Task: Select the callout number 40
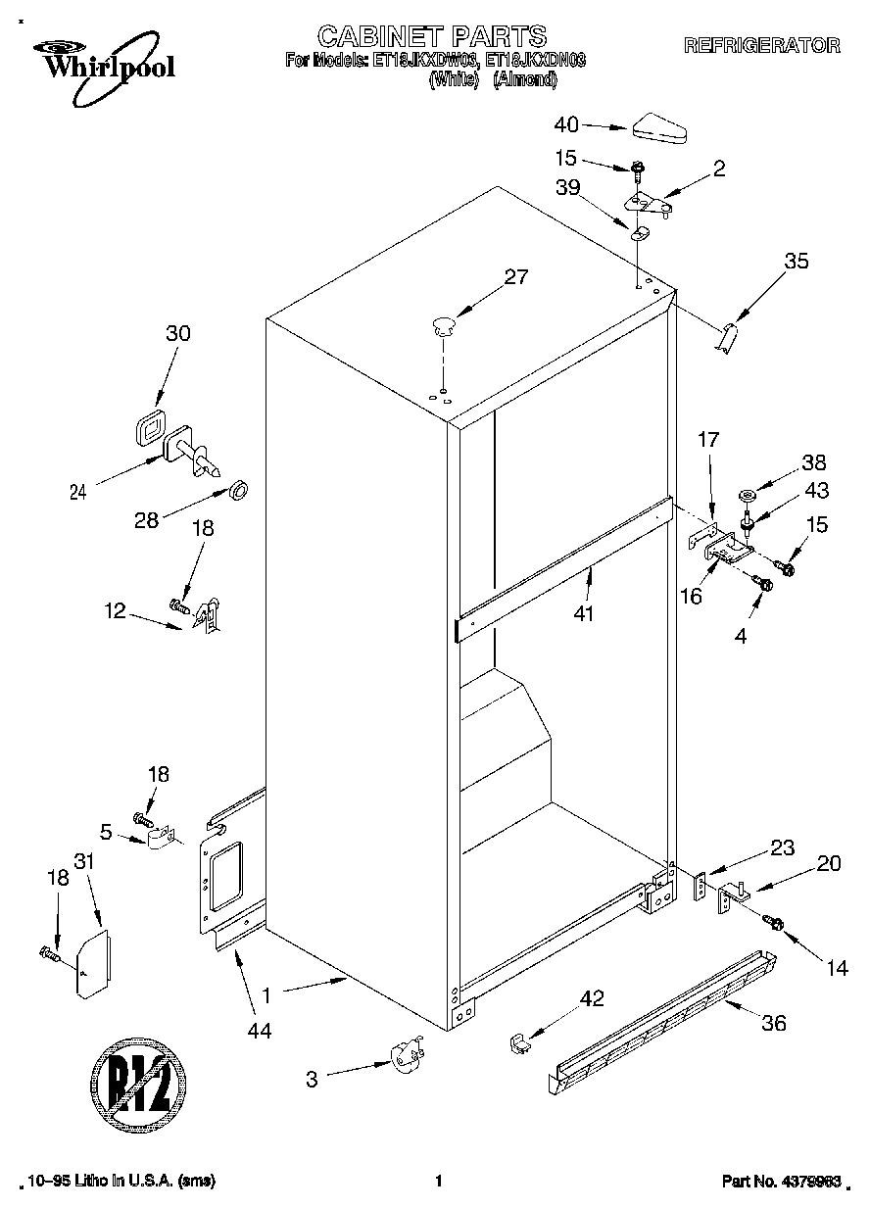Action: pos(566,124)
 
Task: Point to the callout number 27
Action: pos(515,277)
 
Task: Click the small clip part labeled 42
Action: pos(519,1042)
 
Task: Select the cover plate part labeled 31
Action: pos(94,964)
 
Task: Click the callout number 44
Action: pos(259,1030)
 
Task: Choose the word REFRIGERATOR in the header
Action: pos(761,45)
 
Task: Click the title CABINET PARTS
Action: pos(432,37)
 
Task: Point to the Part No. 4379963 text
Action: pos(782,1181)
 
